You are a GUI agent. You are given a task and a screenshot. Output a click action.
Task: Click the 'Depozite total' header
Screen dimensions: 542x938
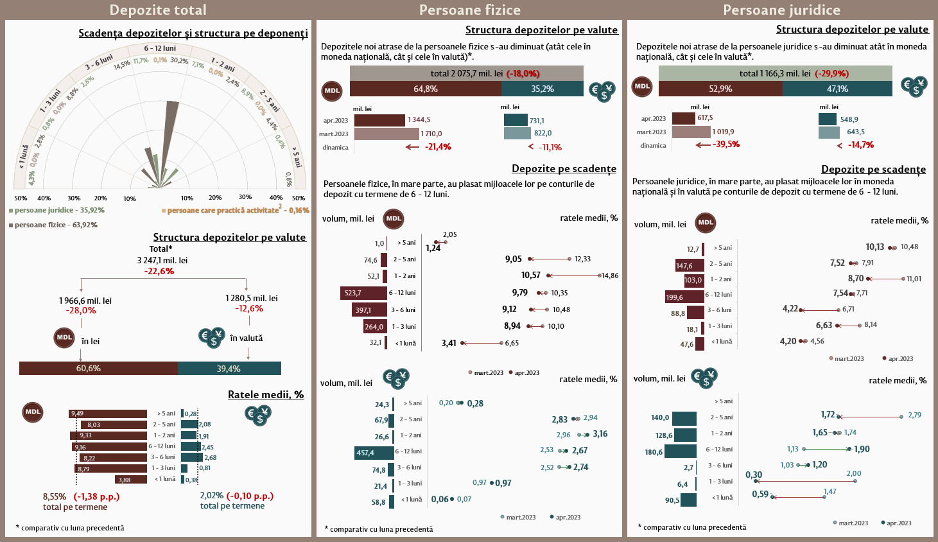[x=158, y=10]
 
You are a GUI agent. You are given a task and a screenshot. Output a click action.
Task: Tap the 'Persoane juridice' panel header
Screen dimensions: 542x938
[x=781, y=10]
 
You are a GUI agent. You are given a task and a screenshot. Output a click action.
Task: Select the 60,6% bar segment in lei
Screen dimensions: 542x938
[x=98, y=368]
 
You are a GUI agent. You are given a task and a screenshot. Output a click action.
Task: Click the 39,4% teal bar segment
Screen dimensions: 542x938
[x=229, y=369]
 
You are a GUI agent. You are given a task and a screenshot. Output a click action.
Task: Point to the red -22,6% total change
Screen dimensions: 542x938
[x=159, y=271]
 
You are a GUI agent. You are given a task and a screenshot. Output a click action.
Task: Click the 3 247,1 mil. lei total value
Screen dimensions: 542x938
[x=162, y=260]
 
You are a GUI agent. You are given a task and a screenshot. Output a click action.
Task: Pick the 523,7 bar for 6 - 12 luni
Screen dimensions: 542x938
[x=363, y=293]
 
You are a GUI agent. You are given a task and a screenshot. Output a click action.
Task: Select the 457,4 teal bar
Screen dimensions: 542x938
[x=374, y=453]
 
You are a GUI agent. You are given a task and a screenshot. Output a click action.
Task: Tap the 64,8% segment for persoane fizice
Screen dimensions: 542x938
[x=425, y=89]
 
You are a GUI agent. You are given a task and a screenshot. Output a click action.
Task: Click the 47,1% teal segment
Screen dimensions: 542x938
[x=837, y=89]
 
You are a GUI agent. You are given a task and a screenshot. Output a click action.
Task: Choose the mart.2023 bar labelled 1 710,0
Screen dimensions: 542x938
[x=386, y=134]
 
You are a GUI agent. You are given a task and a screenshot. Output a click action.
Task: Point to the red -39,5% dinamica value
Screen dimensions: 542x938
[x=726, y=144]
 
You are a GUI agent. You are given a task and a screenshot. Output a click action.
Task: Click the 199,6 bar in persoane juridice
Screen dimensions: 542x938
[x=684, y=297]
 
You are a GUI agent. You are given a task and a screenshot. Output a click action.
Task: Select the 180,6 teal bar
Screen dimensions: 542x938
[x=681, y=451]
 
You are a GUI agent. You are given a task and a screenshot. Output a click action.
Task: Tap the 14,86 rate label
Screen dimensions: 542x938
[x=610, y=275]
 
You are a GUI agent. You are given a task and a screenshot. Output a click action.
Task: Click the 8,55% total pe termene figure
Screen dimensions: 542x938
[x=55, y=496]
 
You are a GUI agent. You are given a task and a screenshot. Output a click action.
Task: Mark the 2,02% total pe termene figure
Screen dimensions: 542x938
[x=212, y=496]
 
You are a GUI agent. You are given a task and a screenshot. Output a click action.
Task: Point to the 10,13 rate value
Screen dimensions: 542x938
[x=874, y=247]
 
